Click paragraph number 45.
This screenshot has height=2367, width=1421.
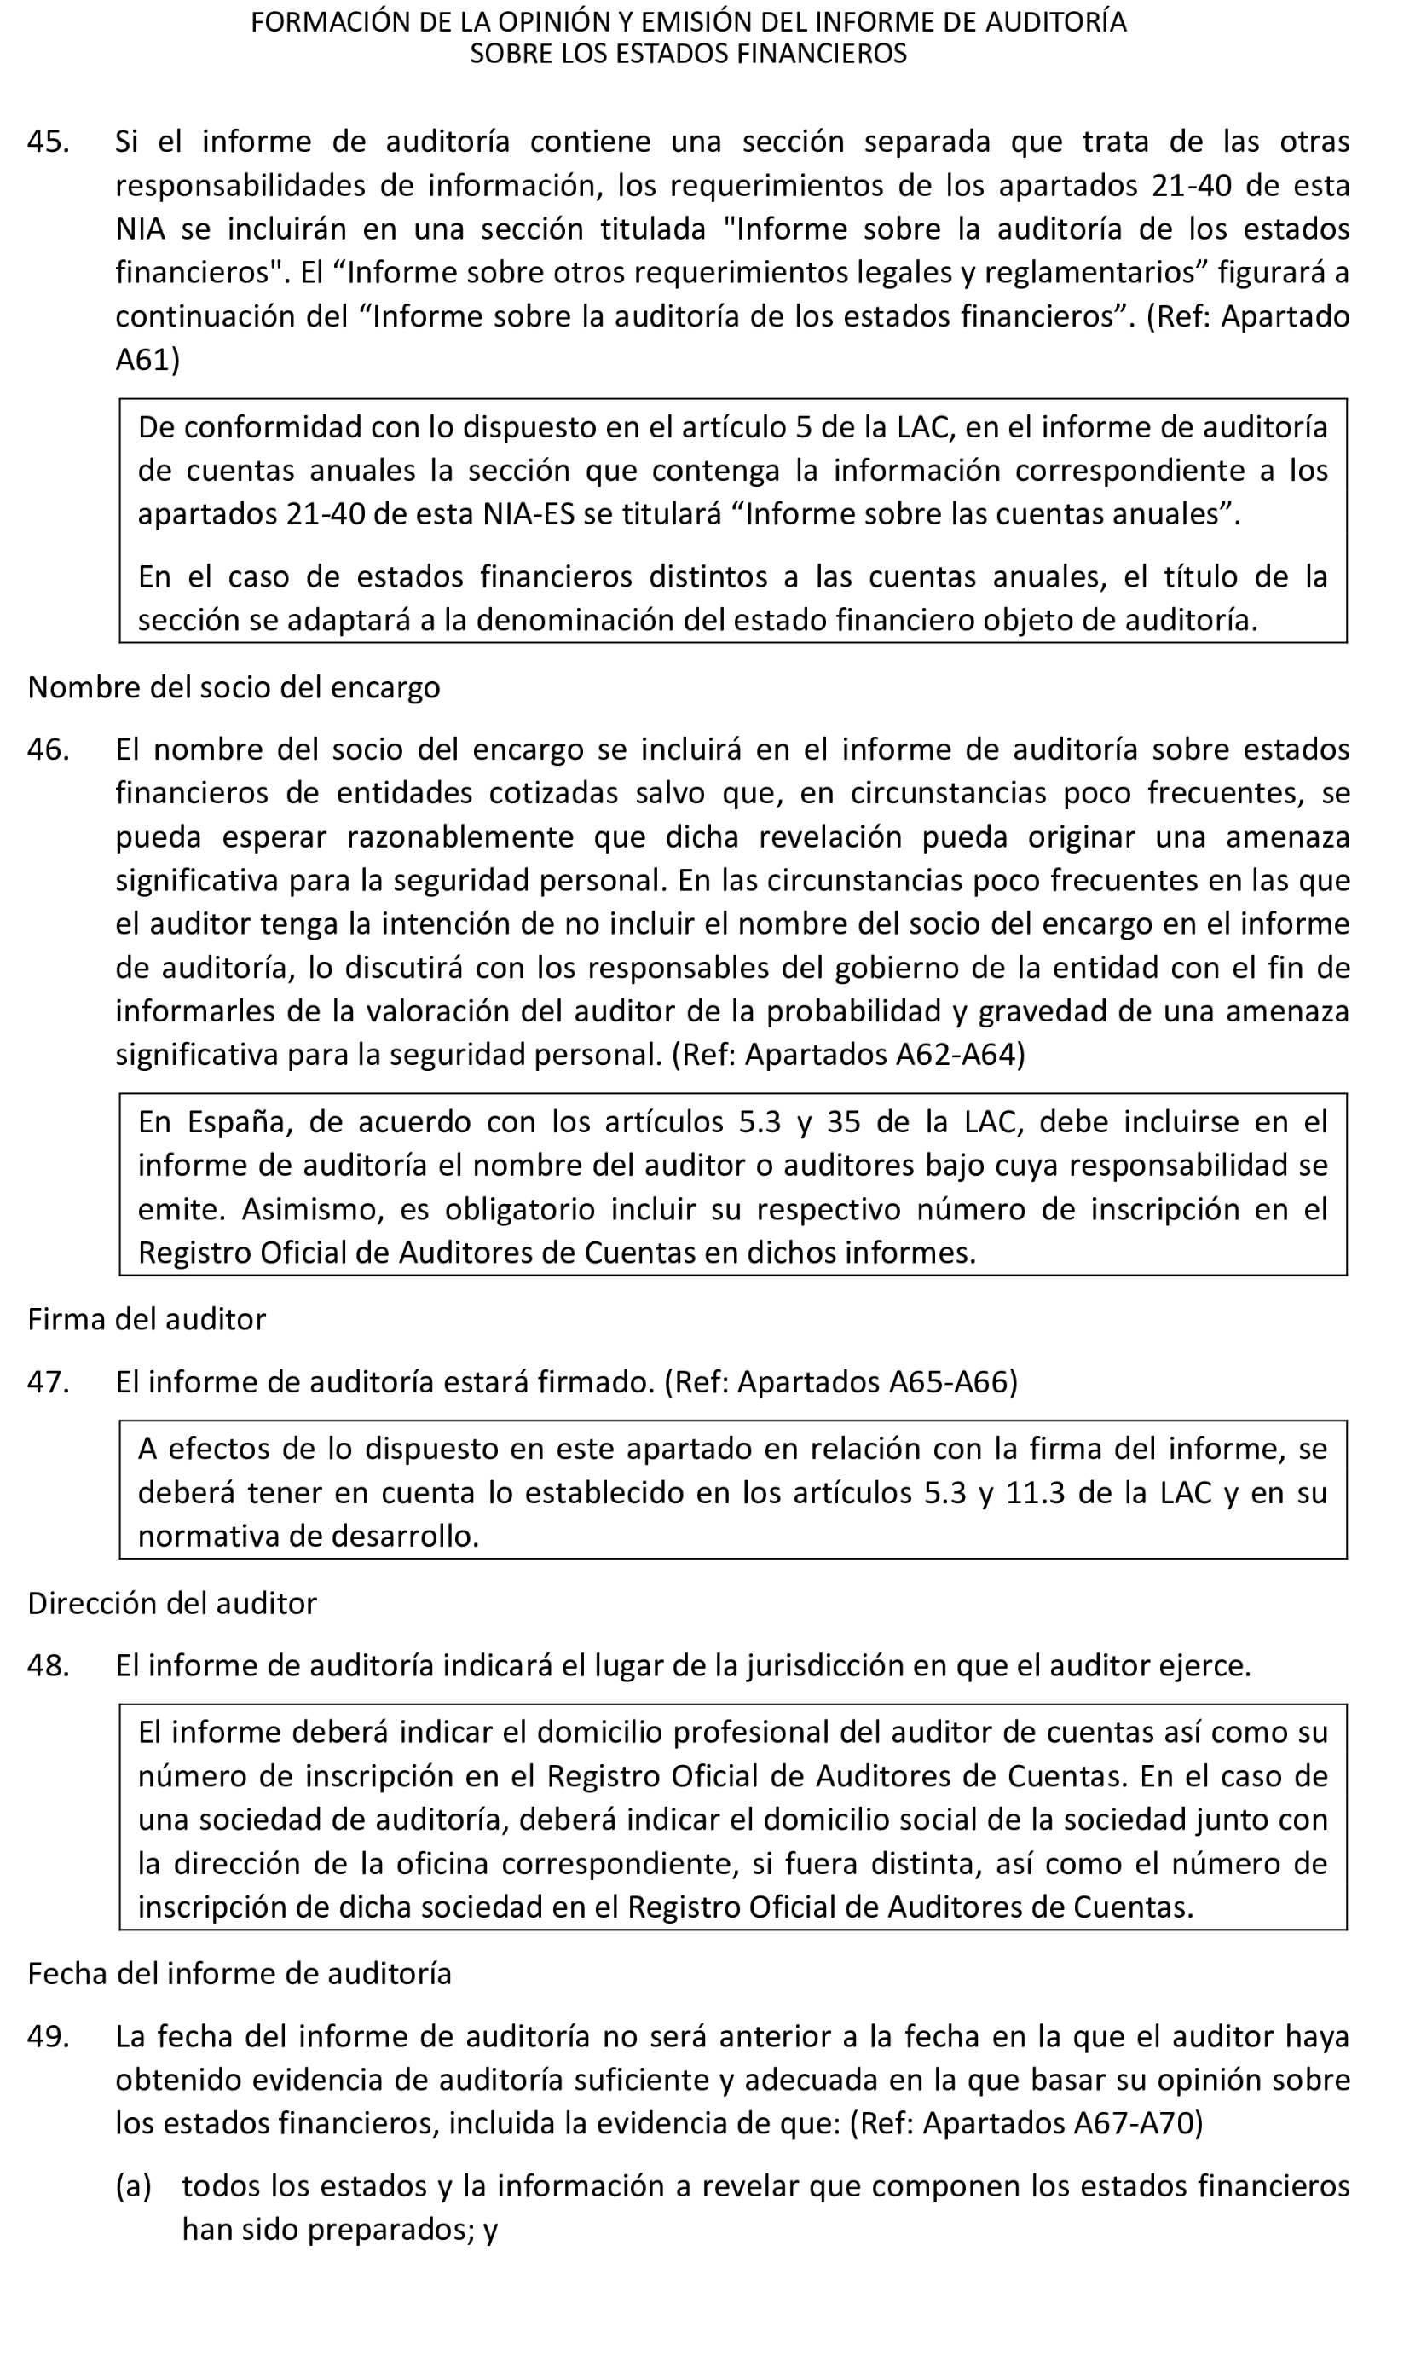48,142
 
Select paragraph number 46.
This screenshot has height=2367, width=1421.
48,749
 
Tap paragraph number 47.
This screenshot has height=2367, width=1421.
48,1383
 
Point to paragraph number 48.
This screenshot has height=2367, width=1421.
48,1666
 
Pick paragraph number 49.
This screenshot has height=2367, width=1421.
48,2037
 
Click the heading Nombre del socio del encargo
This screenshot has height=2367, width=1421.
234,687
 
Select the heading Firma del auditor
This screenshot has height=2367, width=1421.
147,1319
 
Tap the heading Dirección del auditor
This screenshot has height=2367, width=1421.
171,1604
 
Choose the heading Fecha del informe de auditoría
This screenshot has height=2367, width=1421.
240,1973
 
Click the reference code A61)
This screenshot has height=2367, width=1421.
147,360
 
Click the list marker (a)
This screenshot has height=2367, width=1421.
133,2187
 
